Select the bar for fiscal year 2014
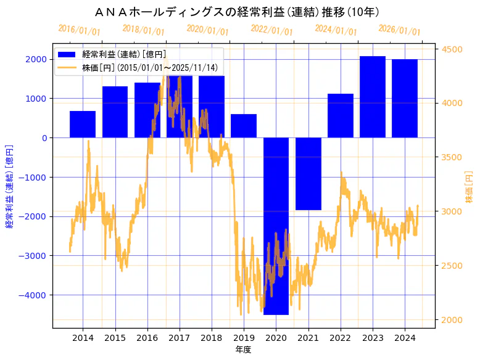83,124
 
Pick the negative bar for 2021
308,174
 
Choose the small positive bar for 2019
244,126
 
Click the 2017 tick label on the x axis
179,338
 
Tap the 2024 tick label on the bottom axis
405,338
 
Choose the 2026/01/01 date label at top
399,30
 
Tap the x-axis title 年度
243,350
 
